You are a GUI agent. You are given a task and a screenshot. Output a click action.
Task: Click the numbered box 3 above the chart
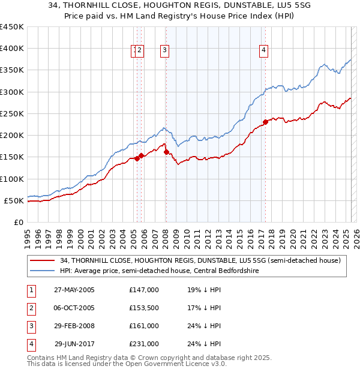click(x=164, y=51)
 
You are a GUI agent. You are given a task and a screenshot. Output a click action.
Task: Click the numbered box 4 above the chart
click(x=263, y=51)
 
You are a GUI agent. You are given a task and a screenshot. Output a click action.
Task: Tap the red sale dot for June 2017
click(x=265, y=122)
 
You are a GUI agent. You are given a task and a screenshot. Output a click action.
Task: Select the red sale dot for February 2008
click(x=166, y=152)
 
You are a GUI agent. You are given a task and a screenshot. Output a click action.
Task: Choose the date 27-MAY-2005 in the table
click(x=74, y=290)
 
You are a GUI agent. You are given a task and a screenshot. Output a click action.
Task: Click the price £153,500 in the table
click(x=143, y=308)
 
